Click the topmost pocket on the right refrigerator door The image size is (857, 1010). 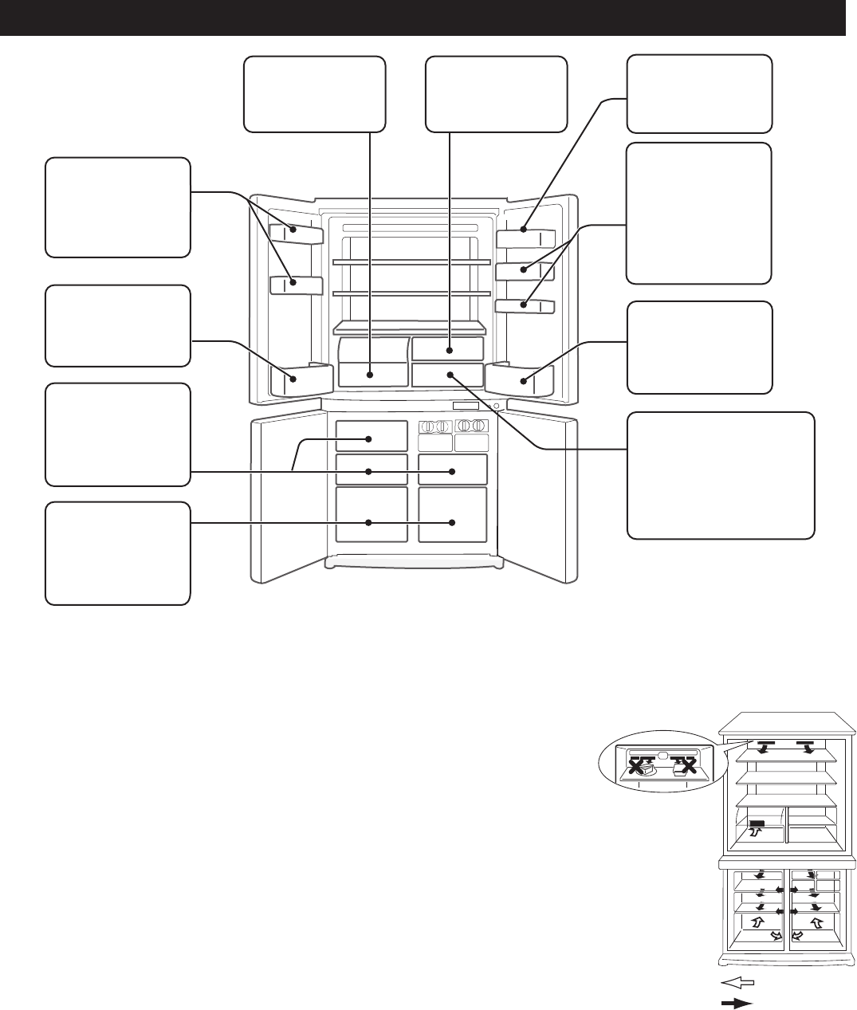pos(525,237)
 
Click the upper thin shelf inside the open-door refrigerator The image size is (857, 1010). pos(411,261)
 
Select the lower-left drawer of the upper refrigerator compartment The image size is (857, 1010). pos(372,374)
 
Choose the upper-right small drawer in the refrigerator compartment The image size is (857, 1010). pos(448,348)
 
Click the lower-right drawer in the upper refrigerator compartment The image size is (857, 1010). pos(448,374)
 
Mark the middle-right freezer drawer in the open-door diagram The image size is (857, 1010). pos(452,470)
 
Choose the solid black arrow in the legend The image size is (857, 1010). pos(737,1003)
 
